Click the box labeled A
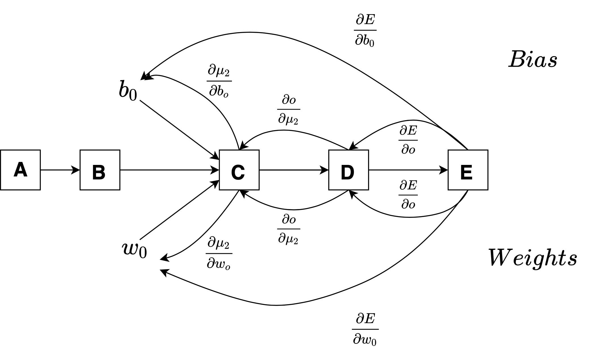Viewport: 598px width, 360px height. (20, 170)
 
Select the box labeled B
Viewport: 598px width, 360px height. (100, 170)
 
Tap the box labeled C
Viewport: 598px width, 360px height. (239, 170)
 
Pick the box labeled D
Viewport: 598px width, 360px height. (348, 170)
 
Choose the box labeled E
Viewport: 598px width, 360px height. (468, 170)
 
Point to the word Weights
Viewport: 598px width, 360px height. (532, 257)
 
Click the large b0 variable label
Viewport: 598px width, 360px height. (128, 90)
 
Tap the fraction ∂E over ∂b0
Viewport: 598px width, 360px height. (365, 30)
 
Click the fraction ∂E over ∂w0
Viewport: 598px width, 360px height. (365, 329)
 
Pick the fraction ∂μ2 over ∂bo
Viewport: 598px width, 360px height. (219, 81)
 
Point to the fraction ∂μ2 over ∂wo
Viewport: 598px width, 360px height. (219, 253)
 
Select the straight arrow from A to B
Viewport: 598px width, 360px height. (60, 170)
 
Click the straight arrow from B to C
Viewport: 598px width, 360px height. (170, 170)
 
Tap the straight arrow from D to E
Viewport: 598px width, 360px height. (408, 170)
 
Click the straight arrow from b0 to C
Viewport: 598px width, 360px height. (179, 130)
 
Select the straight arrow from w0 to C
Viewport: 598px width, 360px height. (179, 210)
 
